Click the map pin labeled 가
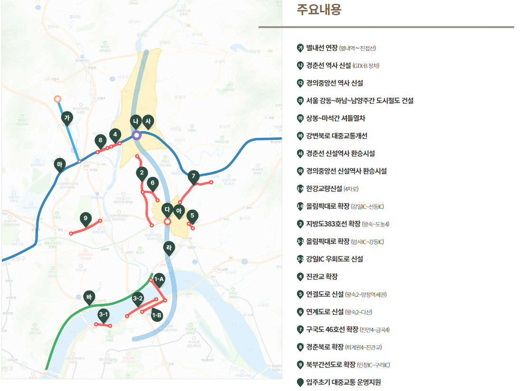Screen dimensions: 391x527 [67, 117]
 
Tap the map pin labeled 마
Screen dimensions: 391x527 [60, 164]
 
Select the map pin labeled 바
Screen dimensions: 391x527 [88, 297]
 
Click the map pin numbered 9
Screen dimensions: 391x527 [85, 219]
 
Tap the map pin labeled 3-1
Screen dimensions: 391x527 [104, 314]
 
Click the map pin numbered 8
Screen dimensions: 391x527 [100, 140]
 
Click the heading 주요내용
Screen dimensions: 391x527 [319, 10]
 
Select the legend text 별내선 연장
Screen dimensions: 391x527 [322, 48]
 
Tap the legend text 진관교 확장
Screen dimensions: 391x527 [322, 276]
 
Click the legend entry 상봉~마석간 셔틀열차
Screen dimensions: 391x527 [335, 118]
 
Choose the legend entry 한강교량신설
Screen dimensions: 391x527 [324, 188]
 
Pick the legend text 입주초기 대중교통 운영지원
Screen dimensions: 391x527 [343, 382]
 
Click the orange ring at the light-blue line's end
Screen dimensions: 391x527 [57, 99]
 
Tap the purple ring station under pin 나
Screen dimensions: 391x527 [137, 135]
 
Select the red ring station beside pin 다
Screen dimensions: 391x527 [167, 222]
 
